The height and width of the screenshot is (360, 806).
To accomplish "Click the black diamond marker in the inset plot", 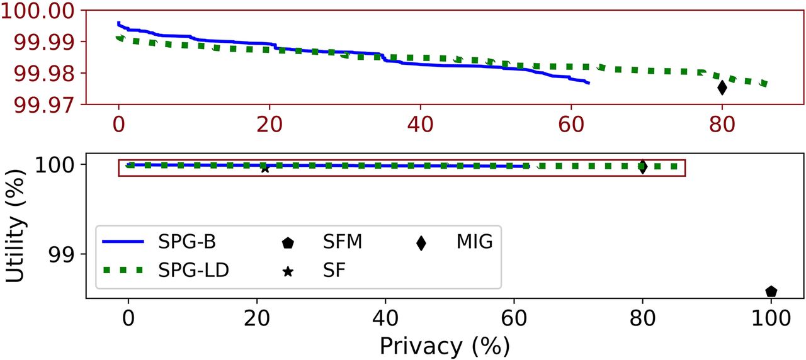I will tap(722, 87).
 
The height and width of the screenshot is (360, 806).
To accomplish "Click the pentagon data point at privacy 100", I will tap(771, 291).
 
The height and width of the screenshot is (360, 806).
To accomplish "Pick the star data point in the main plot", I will tap(264, 169).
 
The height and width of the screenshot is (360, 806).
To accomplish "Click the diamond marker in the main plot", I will tap(642, 167).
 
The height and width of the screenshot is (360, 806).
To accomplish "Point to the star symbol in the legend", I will tap(287, 272).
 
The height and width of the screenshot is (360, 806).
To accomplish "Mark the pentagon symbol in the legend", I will tap(287, 243).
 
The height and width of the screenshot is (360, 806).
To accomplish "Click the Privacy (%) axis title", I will tap(444, 345).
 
